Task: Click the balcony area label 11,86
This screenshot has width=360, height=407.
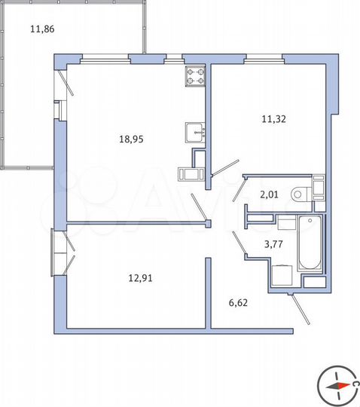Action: coord(41,31)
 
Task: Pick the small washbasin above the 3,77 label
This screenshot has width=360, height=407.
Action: coord(285,222)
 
